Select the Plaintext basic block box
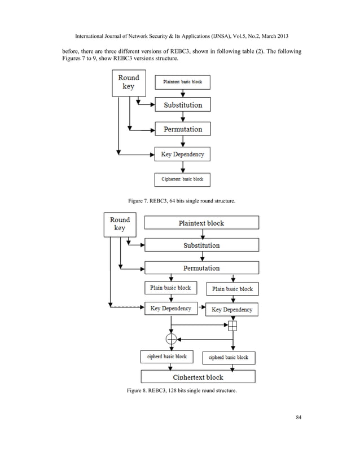point(182,82)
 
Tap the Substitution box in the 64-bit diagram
point(182,105)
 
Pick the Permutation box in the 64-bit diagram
point(182,129)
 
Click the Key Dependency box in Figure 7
point(182,154)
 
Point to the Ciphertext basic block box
point(182,179)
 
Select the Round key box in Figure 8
point(120,224)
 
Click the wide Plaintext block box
point(201,223)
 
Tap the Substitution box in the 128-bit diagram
point(201,245)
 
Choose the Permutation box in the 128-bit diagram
point(201,268)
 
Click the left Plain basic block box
point(170,288)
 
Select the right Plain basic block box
point(232,289)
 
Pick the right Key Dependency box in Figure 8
point(232,310)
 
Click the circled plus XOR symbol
point(170,338)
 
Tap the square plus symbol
point(232,326)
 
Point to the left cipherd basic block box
point(166,357)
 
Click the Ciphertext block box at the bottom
point(197,377)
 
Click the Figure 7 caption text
point(181,201)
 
